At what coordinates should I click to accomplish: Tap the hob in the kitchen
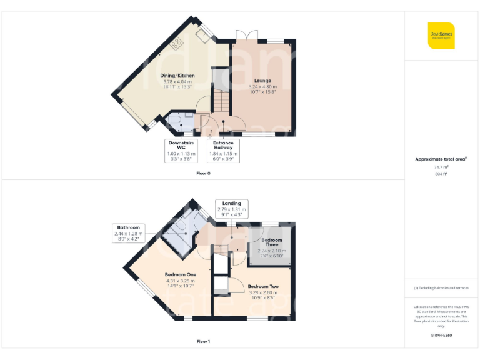177,43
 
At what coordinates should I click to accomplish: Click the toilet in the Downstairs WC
175,119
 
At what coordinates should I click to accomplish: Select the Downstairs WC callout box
181,150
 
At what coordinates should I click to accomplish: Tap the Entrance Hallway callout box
223,150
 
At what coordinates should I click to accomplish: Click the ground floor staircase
220,97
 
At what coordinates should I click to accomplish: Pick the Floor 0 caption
203,173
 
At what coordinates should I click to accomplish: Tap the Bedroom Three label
271,242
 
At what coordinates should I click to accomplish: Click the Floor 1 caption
203,342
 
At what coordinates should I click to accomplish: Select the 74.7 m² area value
441,167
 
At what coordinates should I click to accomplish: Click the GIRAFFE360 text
441,336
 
